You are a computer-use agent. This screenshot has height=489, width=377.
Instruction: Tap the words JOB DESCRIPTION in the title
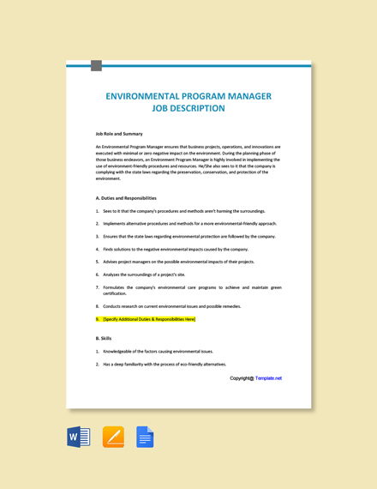(x=188, y=109)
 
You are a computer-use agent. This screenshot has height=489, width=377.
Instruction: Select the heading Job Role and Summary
(x=119, y=134)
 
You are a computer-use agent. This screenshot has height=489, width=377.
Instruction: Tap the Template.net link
(x=268, y=378)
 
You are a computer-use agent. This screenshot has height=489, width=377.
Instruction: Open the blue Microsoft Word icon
(x=79, y=437)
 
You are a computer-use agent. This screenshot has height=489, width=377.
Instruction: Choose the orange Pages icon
(x=113, y=437)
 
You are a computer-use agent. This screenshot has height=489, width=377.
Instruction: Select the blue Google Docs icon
(x=145, y=437)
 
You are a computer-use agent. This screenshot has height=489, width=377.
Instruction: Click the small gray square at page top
(x=96, y=65)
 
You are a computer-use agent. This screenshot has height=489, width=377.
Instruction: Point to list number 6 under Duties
(x=98, y=275)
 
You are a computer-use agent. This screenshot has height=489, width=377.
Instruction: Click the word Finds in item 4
(x=108, y=249)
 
